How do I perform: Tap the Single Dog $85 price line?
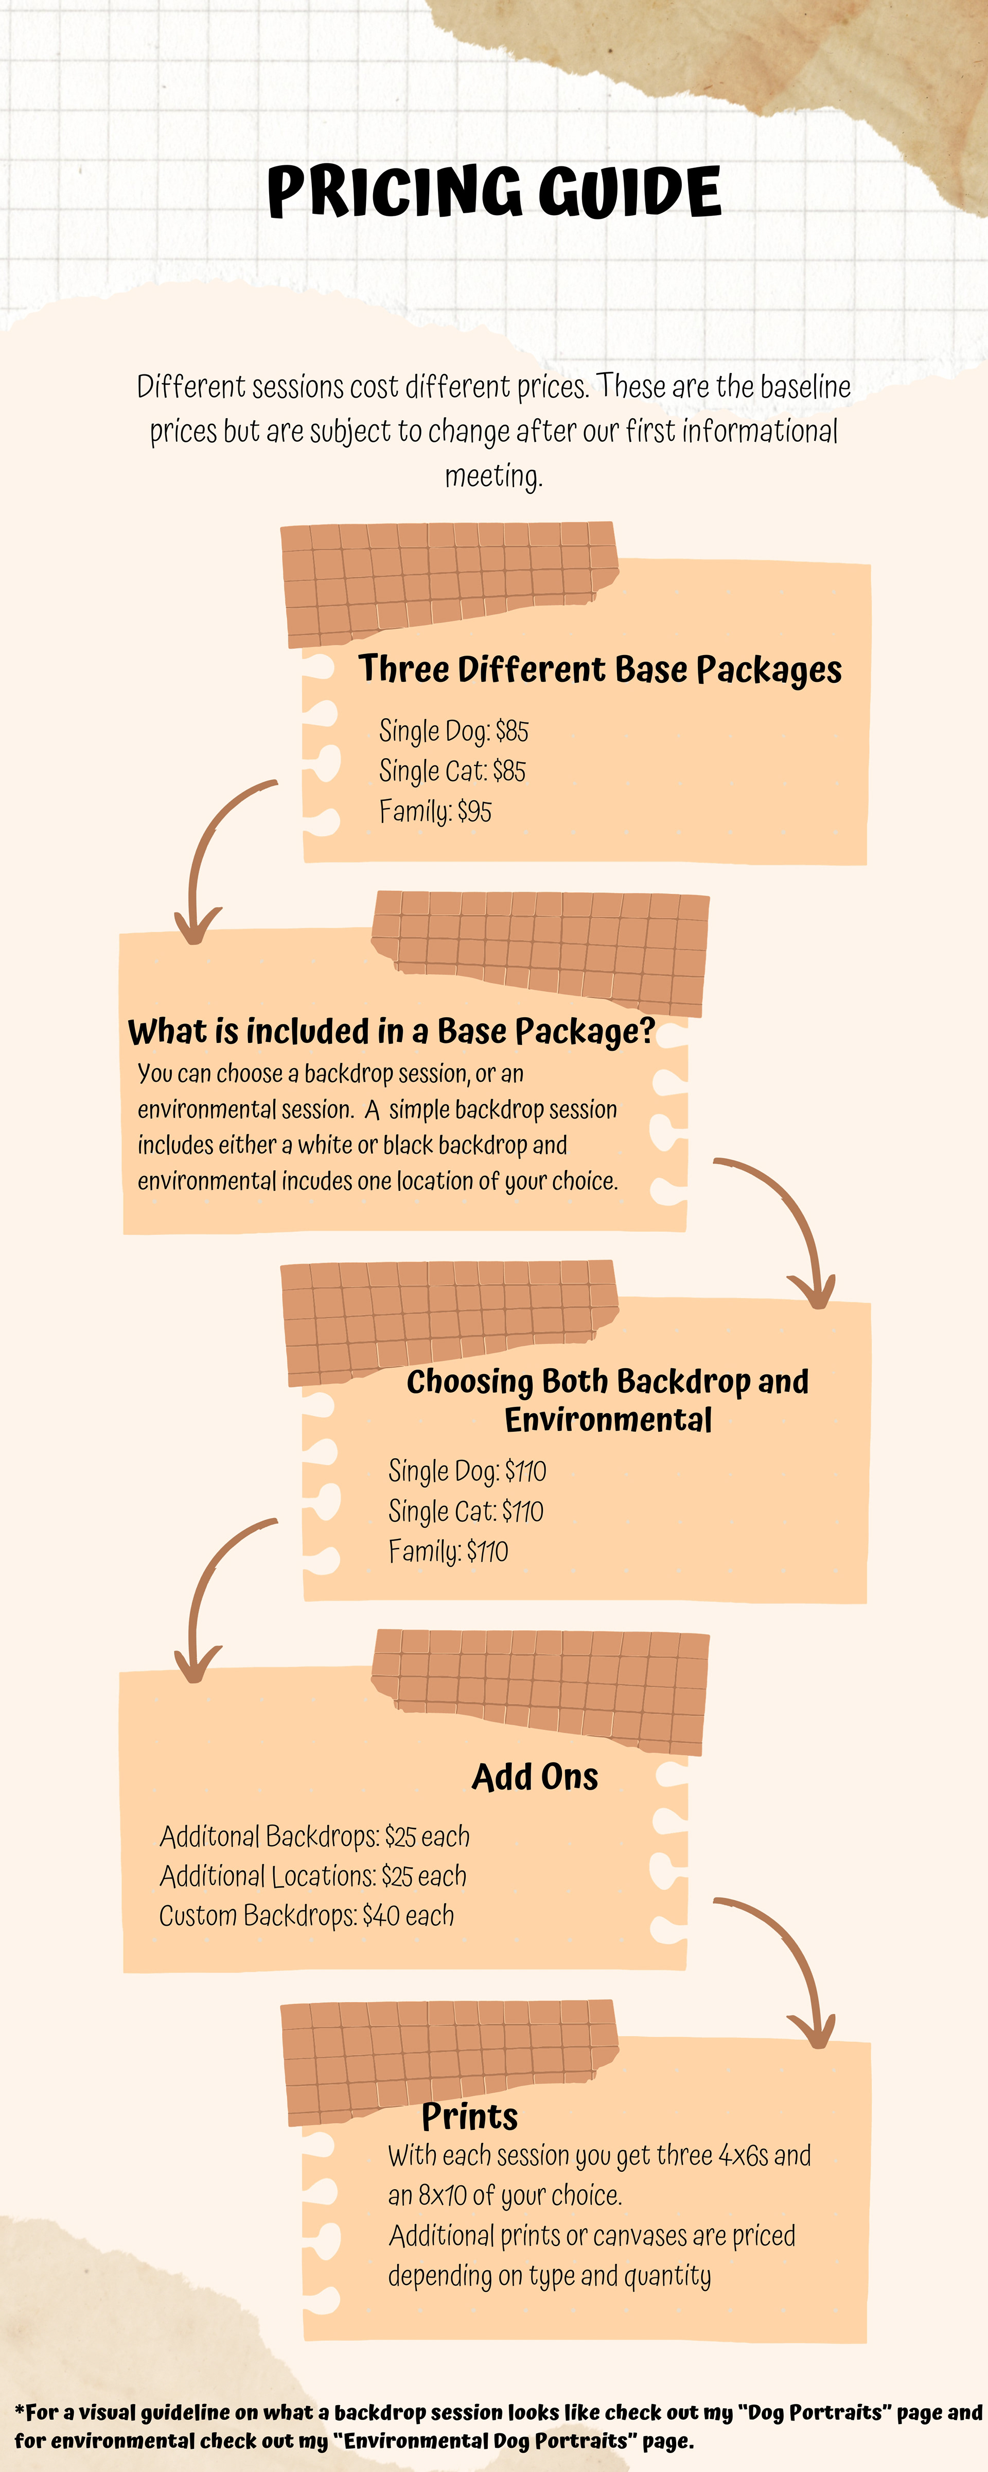(454, 731)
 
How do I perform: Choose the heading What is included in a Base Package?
(392, 1032)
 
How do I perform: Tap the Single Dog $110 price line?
(467, 1471)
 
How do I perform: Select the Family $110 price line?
(448, 1552)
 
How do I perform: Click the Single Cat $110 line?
(465, 1512)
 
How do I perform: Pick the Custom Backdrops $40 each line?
(306, 1915)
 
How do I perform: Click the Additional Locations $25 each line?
(313, 1876)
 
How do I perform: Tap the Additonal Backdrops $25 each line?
(314, 1836)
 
